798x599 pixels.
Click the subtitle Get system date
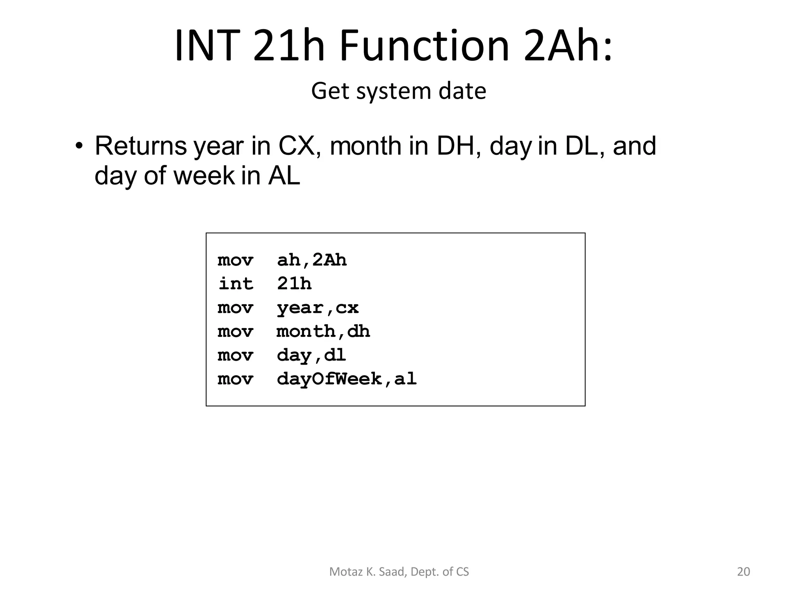(399, 91)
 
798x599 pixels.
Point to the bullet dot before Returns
(79, 146)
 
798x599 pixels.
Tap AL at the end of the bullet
(284, 176)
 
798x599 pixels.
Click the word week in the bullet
(204, 176)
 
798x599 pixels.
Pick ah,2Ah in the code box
(312, 260)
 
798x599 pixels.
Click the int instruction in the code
(236, 284)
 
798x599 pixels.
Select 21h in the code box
(294, 284)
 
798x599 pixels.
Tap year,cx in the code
(318, 308)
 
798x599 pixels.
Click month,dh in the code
(323, 331)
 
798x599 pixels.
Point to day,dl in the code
(311, 355)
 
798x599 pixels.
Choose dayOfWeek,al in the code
(347, 379)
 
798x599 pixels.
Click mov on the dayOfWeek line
(235, 379)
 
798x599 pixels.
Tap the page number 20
(743, 572)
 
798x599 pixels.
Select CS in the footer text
(463, 572)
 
